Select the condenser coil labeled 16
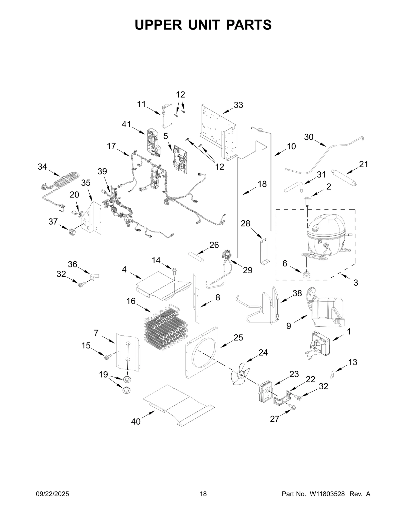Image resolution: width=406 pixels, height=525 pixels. click(x=165, y=328)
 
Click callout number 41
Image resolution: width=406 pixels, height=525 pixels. click(x=126, y=124)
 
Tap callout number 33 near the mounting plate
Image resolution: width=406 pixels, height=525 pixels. click(x=238, y=105)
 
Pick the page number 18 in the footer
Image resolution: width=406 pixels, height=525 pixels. click(x=203, y=501)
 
